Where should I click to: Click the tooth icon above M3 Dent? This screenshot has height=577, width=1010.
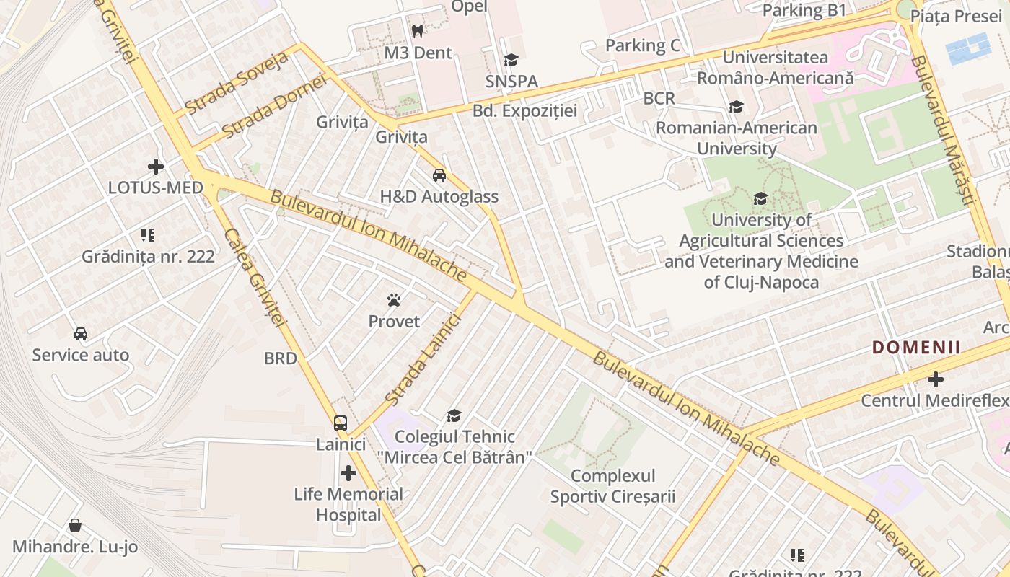click(x=417, y=31)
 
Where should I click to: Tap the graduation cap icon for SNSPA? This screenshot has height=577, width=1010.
click(x=511, y=61)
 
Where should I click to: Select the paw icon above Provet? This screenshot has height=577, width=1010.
click(x=394, y=300)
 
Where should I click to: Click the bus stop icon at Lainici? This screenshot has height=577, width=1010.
click(x=341, y=423)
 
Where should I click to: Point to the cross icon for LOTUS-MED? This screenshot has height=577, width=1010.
click(x=156, y=167)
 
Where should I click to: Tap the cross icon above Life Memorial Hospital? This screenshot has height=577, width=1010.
click(x=348, y=473)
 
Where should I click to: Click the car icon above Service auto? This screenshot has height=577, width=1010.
click(x=81, y=334)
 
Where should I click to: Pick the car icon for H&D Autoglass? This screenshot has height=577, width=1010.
click(x=439, y=175)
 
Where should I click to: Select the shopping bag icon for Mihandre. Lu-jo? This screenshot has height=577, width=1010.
click(x=75, y=525)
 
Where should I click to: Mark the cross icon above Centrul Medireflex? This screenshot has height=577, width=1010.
click(x=936, y=379)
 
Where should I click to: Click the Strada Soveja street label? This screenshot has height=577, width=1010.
click(x=236, y=82)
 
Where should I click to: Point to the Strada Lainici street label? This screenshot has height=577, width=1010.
click(x=422, y=358)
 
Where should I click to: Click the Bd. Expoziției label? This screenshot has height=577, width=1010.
click(x=525, y=111)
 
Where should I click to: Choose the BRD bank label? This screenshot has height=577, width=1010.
click(x=281, y=358)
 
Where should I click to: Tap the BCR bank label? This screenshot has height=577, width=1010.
click(x=659, y=98)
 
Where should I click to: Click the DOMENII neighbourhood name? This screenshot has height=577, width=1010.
click(x=916, y=348)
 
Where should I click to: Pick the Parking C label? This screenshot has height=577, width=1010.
click(x=642, y=45)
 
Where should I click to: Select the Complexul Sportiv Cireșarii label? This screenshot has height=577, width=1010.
click(x=612, y=486)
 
